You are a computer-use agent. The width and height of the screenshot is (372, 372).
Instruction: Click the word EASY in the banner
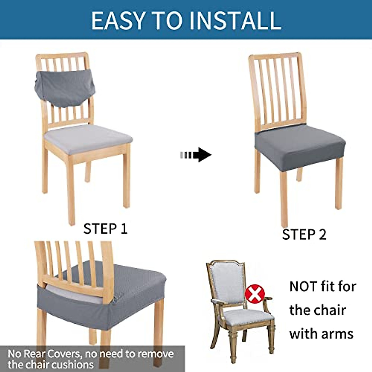(118, 20)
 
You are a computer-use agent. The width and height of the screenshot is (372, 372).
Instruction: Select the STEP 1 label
(105, 229)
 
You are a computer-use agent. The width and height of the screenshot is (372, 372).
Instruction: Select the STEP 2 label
(304, 234)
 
